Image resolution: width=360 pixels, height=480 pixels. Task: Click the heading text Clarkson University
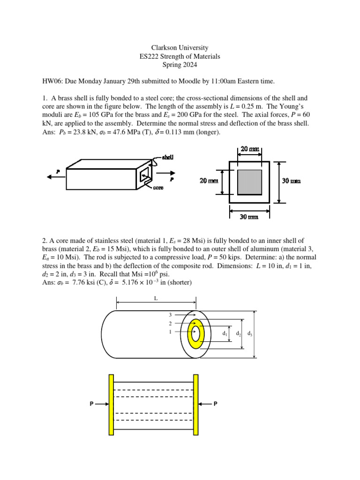pos(180,48)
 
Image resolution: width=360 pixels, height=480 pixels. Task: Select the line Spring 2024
pos(180,65)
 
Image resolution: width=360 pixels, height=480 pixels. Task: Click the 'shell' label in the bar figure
pos(168,157)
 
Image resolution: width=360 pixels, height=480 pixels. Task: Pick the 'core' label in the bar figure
pos(158,187)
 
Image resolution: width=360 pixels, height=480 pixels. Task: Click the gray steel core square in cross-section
pos(249,182)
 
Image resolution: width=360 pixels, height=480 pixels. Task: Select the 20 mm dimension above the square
pos(250,149)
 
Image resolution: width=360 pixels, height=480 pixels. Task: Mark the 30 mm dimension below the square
pos(249,217)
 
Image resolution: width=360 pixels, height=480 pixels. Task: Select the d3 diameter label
pos(250,334)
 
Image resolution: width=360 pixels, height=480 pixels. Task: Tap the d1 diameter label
pos(225,334)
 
